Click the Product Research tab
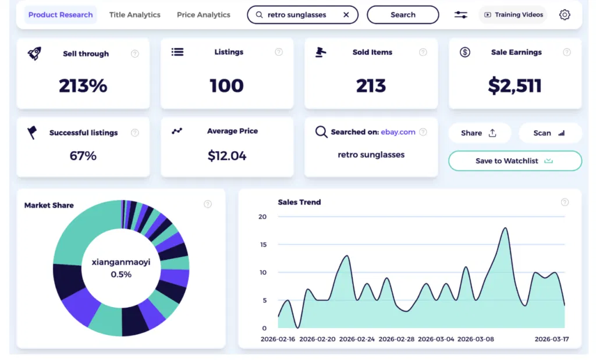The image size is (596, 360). pos(61,15)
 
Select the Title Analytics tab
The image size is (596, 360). pos(134,15)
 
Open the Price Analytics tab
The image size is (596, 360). pos(203,15)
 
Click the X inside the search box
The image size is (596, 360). pos(346,15)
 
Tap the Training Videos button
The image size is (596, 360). pos(513,15)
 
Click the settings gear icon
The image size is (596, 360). pos(565,15)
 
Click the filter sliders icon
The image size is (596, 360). pos(460,15)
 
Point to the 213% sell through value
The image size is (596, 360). pos(83,86)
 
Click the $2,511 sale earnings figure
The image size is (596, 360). pos(515,86)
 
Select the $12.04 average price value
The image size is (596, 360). pos(227,156)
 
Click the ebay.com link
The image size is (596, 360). pos(398,132)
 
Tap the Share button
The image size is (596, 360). pos(479,133)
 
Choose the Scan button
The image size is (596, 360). pos(549,133)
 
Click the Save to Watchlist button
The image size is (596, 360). pos(515,161)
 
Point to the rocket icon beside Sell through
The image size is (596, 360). pos(34,54)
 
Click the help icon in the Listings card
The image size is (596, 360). pos(279,52)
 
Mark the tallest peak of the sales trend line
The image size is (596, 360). pos(505,228)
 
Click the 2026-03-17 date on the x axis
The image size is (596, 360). pos(551,338)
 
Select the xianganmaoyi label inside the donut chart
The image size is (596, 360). pos(121,262)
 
